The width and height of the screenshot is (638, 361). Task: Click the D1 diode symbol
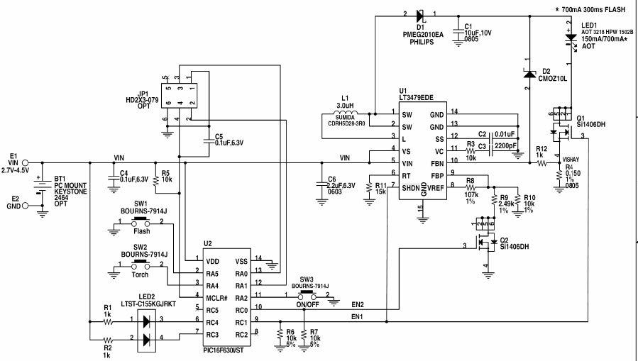point(419,15)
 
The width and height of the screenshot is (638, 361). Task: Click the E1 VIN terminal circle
point(26,162)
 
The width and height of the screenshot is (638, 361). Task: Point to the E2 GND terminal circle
point(26,206)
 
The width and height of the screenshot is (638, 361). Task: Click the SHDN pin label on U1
point(411,187)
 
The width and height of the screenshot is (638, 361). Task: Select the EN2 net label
point(358,304)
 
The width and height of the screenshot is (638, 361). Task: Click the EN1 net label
point(358,316)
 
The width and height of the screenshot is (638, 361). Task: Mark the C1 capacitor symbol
point(457,28)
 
